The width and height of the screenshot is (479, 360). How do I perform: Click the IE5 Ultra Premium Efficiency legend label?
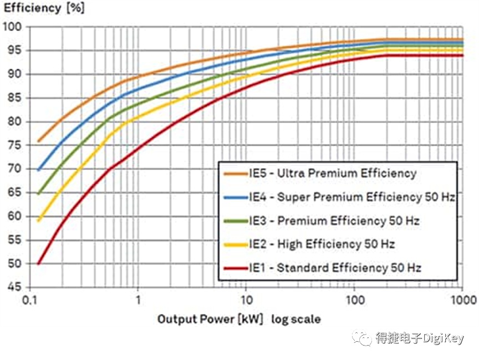(332, 173)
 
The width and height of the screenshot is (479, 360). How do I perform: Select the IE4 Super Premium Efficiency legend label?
(351, 197)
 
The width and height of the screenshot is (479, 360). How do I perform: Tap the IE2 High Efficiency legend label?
(322, 244)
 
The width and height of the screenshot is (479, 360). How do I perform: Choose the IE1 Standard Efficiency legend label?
(334, 268)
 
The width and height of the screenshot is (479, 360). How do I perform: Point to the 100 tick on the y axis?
(12, 27)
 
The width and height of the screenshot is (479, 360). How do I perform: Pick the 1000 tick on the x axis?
(462, 300)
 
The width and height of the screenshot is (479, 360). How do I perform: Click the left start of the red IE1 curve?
(38, 264)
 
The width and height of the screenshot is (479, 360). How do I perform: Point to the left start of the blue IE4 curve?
(38, 170)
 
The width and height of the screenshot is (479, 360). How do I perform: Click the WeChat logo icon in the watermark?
(363, 337)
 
